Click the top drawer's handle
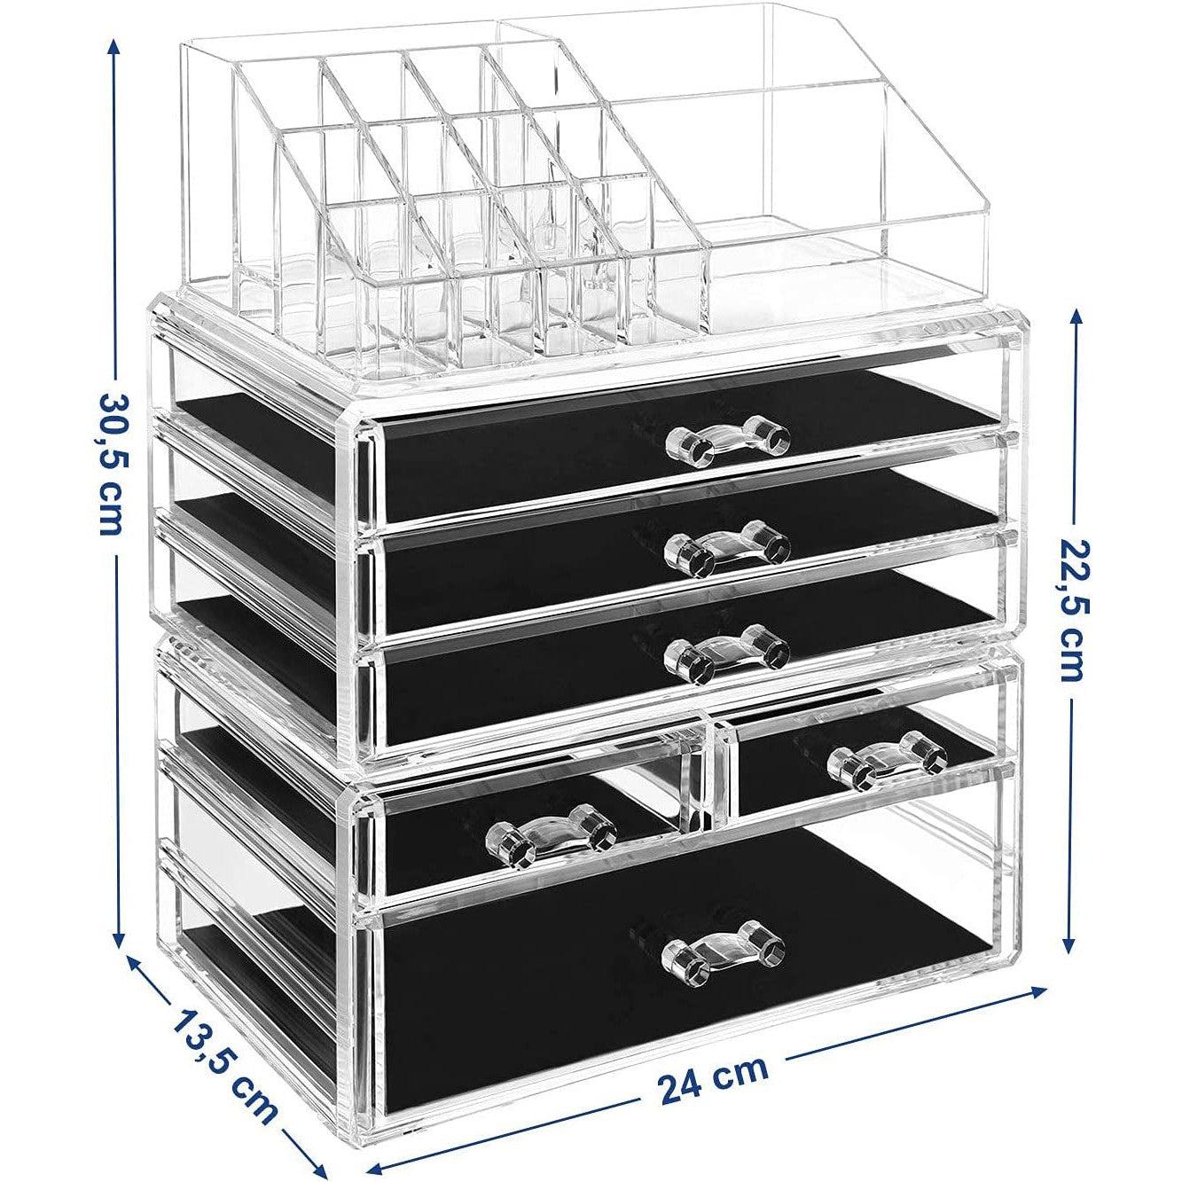tap(726, 442)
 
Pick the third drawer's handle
tap(726, 654)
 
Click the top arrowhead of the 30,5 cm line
tap(114, 46)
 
